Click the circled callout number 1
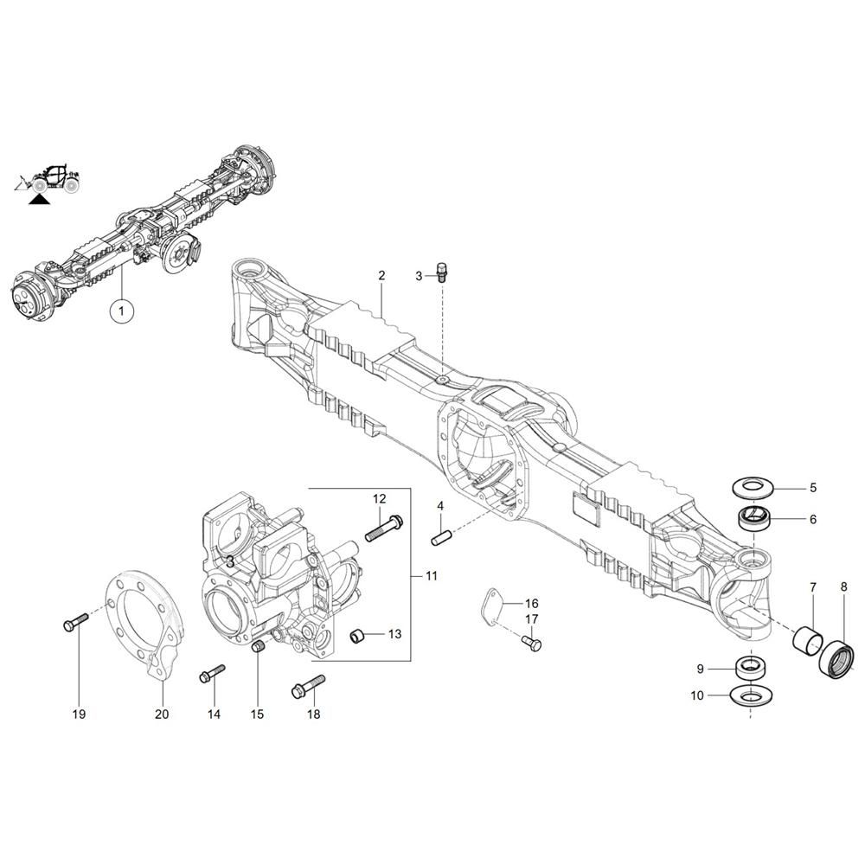pyautogui.click(x=121, y=311)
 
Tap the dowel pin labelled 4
pyautogui.click(x=441, y=537)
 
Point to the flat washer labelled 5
pyautogui.click(x=753, y=487)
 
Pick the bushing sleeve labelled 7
pyautogui.click(x=808, y=638)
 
